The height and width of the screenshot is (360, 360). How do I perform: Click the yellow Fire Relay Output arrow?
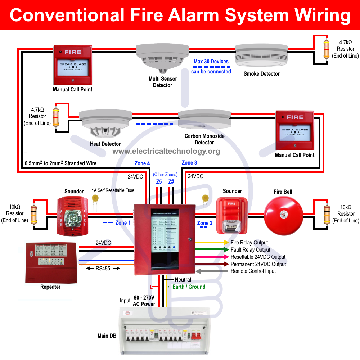(x=212, y=243)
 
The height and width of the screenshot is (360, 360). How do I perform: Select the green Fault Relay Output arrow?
(x=212, y=249)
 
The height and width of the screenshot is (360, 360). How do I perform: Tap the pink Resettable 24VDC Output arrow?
(x=212, y=257)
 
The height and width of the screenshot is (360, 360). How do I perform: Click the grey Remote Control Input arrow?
(x=212, y=271)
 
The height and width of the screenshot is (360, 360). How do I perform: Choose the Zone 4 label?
(x=142, y=163)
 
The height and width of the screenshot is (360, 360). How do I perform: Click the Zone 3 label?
(x=189, y=163)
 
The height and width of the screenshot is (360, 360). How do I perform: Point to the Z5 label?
(x=159, y=182)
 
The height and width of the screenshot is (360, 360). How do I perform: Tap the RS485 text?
(x=103, y=268)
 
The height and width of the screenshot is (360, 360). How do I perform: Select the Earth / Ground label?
(x=189, y=287)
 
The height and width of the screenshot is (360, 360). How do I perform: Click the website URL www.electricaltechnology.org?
(x=166, y=151)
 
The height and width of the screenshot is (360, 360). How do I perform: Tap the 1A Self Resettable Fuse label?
(x=113, y=190)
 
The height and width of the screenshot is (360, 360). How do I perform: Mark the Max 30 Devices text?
(x=211, y=62)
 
